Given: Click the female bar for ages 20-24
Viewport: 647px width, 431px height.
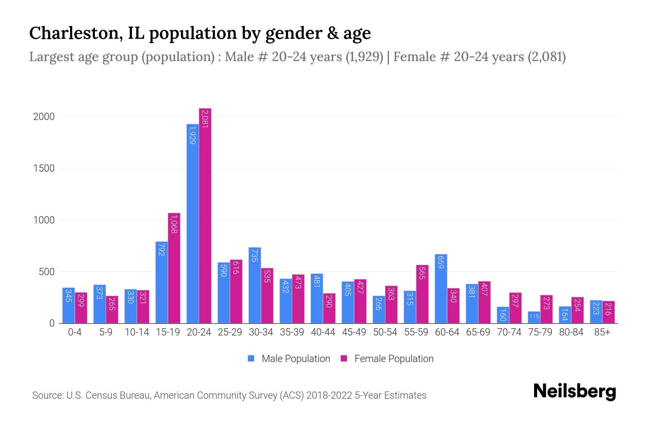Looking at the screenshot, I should click(205, 215).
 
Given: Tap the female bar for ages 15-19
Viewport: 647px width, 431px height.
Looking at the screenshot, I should click(174, 268).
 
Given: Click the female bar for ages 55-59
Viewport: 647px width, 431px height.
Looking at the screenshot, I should click(422, 294).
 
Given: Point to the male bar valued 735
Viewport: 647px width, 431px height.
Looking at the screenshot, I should click(254, 285).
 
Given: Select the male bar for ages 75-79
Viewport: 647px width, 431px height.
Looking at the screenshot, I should click(534, 317).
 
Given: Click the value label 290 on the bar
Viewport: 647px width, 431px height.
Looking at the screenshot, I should click(329, 301).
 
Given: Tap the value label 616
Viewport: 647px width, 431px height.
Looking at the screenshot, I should click(236, 268).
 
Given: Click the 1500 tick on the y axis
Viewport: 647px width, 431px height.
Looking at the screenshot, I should click(44, 168).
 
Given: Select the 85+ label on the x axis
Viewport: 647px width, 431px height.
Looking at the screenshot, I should click(602, 332).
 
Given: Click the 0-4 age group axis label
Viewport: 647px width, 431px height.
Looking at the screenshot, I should click(75, 332).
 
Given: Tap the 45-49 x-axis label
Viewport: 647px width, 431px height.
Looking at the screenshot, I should click(354, 332).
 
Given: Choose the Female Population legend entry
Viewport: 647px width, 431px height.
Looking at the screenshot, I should click(387, 358).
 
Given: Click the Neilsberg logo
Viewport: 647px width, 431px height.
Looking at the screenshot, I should click(574, 391).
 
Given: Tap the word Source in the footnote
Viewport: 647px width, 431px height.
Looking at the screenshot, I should click(47, 395).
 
